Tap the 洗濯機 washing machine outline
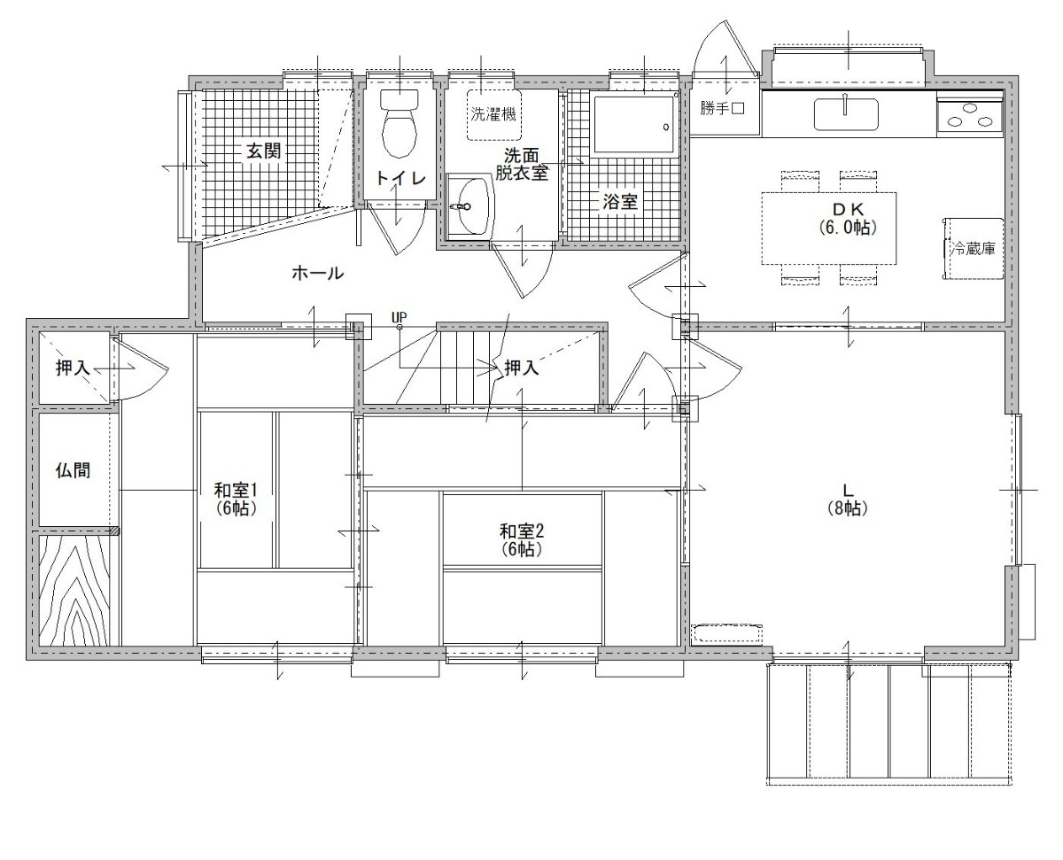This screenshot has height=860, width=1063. (x=494, y=114)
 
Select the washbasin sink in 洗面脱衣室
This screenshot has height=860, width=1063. (x=469, y=205)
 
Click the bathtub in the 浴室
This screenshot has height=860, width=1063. (x=632, y=124)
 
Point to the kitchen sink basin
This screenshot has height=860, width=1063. (x=845, y=114)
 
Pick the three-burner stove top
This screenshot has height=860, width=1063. (x=970, y=116)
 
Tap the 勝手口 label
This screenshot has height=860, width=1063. (x=722, y=108)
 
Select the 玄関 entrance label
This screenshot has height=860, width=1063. (x=263, y=151)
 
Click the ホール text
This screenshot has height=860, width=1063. (x=317, y=273)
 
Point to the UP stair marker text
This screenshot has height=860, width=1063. (x=399, y=317)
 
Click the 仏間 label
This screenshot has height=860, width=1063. (x=73, y=469)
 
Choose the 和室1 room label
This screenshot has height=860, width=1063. (x=236, y=490)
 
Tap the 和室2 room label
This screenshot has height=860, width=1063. (x=522, y=531)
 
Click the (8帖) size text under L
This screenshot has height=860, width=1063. (x=848, y=507)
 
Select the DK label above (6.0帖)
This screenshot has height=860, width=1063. (x=848, y=208)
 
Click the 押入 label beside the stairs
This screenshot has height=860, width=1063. (x=522, y=368)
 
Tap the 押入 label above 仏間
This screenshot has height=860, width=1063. (x=73, y=368)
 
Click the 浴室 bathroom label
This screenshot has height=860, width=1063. (x=620, y=202)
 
